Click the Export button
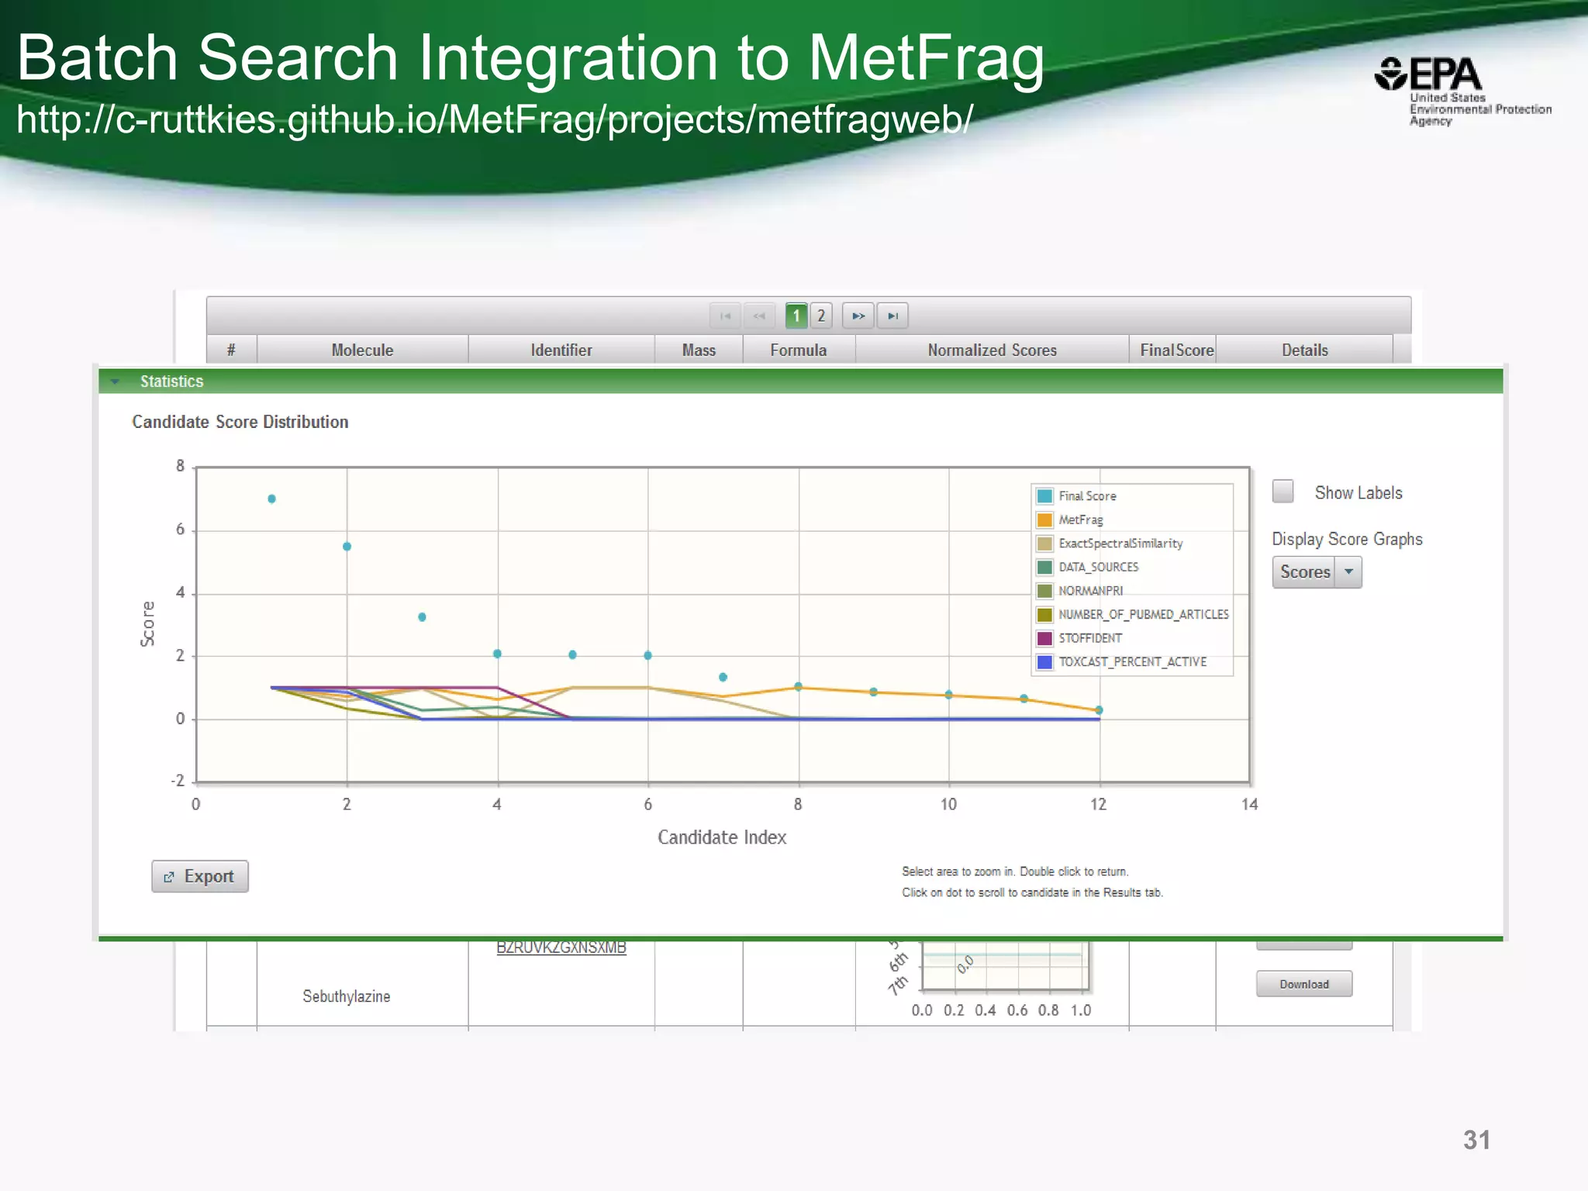[200, 876]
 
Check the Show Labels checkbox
[1283, 492]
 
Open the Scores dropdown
[1348, 572]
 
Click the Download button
[1304, 984]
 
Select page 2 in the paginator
[821, 316]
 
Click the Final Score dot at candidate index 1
[271, 499]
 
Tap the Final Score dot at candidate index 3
[422, 617]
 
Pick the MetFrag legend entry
[1080, 520]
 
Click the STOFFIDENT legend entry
[1089, 638]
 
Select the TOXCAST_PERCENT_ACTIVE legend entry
[1132, 661]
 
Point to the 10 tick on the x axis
[948, 804]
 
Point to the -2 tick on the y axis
[178, 781]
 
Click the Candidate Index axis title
[722, 837]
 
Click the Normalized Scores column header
[992, 350]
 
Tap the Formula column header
[798, 350]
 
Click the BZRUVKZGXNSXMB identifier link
[561, 948]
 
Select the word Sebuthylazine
[346, 996]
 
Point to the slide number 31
[1476, 1140]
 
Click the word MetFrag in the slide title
[926, 58]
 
